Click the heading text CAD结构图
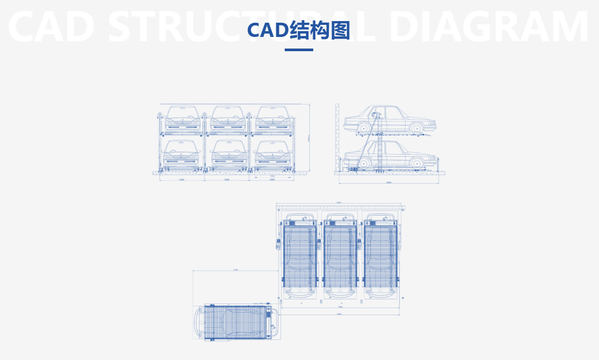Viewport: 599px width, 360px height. point(299,31)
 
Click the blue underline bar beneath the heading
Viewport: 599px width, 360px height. point(299,50)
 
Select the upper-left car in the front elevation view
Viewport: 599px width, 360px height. point(182,120)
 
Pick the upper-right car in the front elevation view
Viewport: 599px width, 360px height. point(273,120)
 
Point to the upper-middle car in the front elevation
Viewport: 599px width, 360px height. point(228,120)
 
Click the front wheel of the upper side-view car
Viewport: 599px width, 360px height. point(417,128)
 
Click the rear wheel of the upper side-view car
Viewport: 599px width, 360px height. point(363,128)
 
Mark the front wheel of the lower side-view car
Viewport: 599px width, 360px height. point(417,162)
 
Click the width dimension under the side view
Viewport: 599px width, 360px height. point(389,183)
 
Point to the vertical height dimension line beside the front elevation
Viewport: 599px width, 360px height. point(310,138)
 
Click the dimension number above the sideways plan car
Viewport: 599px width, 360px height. point(236,270)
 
